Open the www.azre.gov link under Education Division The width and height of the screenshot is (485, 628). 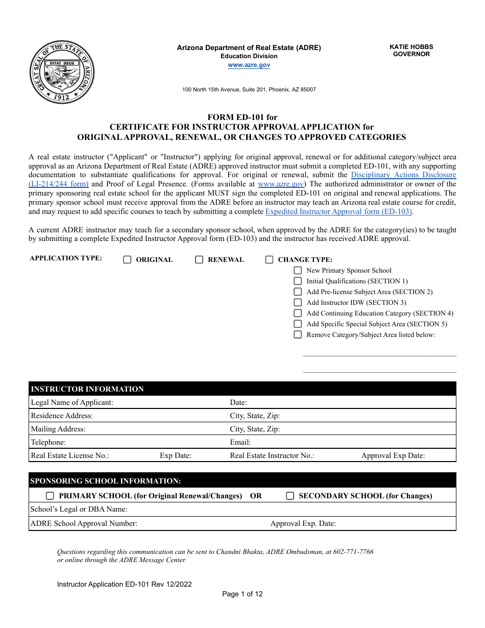249,65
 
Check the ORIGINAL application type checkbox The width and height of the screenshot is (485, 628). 128,260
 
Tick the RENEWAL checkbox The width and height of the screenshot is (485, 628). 199,260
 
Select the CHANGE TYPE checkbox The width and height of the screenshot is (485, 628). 269,260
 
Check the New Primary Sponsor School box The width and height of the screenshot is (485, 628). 298,271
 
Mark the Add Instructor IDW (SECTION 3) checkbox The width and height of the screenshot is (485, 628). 298,303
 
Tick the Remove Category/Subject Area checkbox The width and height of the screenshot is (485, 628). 298,335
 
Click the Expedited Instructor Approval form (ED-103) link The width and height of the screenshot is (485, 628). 338,211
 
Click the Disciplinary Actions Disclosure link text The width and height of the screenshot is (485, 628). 403,175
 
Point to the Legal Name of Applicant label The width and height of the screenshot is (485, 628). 72,402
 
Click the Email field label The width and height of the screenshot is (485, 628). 240,442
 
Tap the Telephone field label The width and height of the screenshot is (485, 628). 48,442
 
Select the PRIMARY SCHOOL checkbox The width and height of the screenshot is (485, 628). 50,496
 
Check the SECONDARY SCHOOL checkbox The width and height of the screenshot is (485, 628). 290,496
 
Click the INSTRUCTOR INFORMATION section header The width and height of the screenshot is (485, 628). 87,389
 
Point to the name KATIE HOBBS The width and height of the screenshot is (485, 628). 411,46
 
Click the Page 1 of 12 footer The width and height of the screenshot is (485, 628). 243,594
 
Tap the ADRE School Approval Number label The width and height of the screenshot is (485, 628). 84,523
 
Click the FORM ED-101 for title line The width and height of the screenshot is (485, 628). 242,117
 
